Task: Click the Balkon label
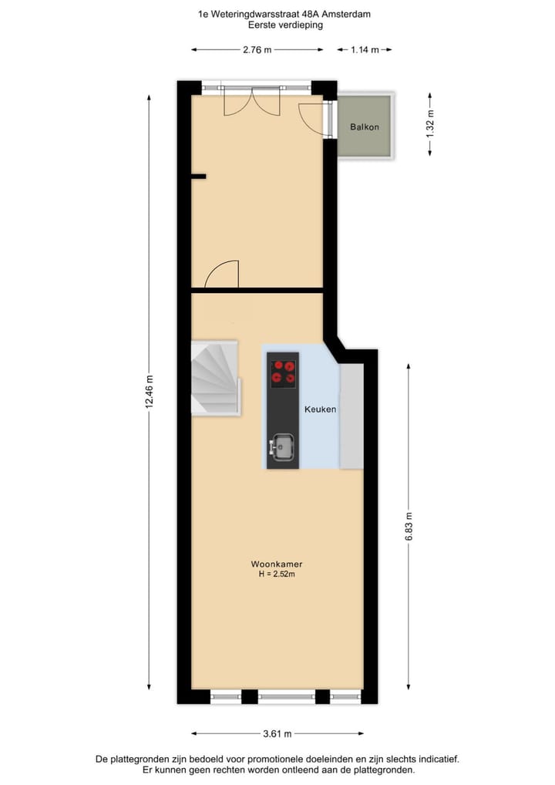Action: click(365, 127)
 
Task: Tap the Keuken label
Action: click(320, 409)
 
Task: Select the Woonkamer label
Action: click(276, 564)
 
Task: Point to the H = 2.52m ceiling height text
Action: click(276, 574)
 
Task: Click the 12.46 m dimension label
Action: click(150, 393)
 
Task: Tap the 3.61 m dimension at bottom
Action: click(277, 733)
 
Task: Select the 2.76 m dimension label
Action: click(257, 50)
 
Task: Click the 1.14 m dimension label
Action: click(365, 50)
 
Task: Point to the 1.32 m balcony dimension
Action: click(430, 124)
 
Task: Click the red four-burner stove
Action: click(283, 372)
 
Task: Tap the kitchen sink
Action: click(282, 446)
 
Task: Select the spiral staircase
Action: click(215, 379)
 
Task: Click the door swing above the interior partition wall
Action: click(224, 275)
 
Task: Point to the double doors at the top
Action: click(252, 101)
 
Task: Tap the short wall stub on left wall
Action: click(198, 177)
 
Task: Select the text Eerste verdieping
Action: click(285, 25)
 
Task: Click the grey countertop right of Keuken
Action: click(351, 416)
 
